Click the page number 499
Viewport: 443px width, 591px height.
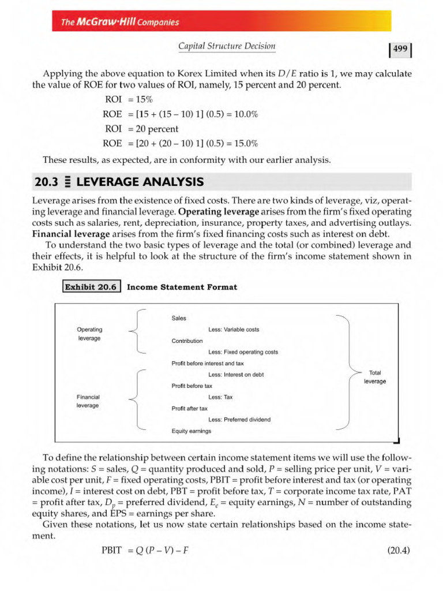pyautogui.click(x=400, y=50)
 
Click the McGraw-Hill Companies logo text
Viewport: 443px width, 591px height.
pyautogui.click(x=121, y=23)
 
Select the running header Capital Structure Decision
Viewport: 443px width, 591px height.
pyautogui.click(x=227, y=46)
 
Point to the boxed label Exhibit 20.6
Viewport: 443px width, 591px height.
pyautogui.click(x=91, y=287)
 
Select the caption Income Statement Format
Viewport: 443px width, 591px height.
pyautogui.click(x=182, y=287)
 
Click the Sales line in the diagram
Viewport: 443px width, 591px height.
pyautogui.click(x=179, y=318)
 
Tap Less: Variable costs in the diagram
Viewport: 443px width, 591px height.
pyautogui.click(x=234, y=330)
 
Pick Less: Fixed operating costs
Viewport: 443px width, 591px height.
pyautogui.click(x=243, y=351)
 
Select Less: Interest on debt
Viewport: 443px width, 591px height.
pyautogui.click(x=236, y=375)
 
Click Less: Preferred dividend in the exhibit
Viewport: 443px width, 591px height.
pyautogui.click(x=239, y=420)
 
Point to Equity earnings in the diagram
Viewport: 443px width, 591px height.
pyautogui.click(x=191, y=431)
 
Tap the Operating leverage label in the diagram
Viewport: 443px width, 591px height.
pyautogui.click(x=89, y=334)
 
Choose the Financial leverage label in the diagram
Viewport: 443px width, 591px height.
pyautogui.click(x=88, y=401)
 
